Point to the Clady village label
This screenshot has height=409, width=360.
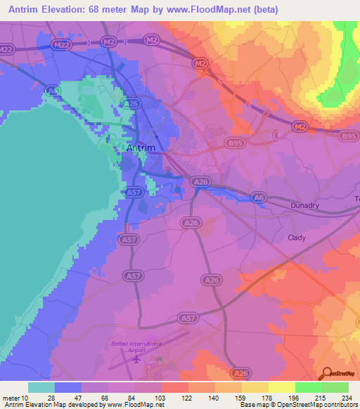pyautogui.click(x=297, y=238)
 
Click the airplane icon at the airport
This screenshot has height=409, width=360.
pyautogui.click(x=136, y=360)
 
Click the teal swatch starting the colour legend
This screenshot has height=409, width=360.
pyautogui.click(x=41, y=387)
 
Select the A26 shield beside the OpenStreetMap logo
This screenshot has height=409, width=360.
pyautogui.click(x=241, y=373)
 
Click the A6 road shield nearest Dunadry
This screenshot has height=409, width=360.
pyautogui.click(x=259, y=199)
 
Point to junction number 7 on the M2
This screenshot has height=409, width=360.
pyautogui.click(x=219, y=83)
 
